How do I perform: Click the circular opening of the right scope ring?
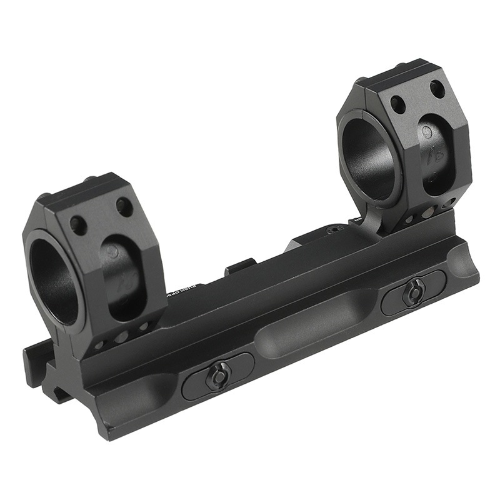[x=369, y=156]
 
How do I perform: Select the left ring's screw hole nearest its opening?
[x=78, y=222]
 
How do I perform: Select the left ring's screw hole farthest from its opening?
[x=124, y=206]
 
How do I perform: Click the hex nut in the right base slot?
[x=412, y=292]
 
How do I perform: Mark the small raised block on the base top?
[x=241, y=266]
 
